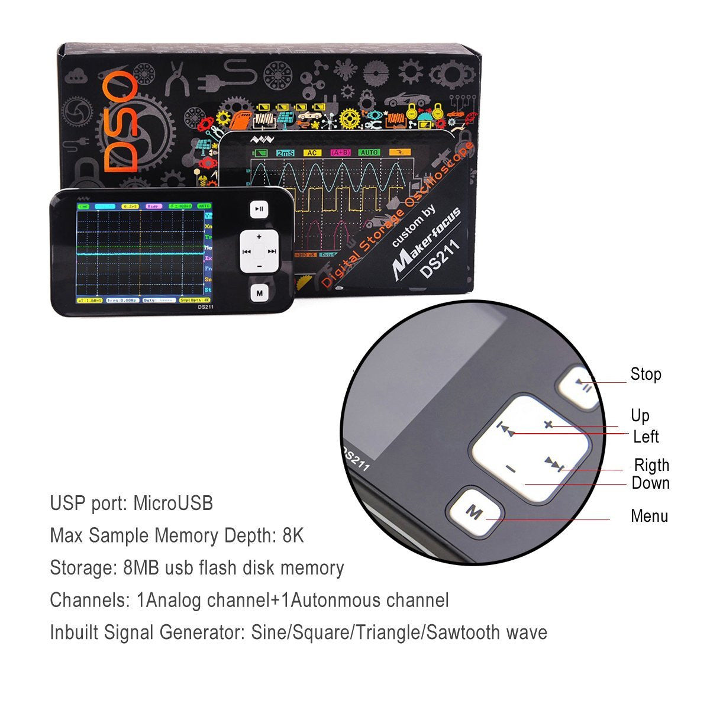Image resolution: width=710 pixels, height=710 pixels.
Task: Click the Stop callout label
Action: point(646,375)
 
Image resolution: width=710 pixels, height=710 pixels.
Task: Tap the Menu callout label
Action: point(649,516)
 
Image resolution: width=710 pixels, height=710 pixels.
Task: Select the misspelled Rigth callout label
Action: point(651,465)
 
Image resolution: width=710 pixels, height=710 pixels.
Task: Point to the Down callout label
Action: point(650,483)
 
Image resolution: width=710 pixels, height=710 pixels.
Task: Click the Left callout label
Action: point(646,437)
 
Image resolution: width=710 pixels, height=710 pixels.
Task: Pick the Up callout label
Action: point(640,415)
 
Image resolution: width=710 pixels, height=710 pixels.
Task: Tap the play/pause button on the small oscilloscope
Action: point(259,209)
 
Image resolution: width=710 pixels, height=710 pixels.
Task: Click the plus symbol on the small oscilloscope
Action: point(259,236)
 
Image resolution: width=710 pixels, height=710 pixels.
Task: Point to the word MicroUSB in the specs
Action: point(173,504)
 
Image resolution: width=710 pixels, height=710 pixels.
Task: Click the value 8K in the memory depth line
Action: point(293,535)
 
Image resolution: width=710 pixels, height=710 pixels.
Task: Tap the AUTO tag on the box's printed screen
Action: point(369,153)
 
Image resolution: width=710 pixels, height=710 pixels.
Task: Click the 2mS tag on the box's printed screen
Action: point(286,153)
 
